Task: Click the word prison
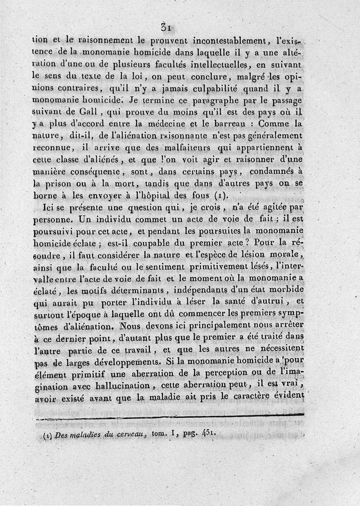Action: click(59, 183)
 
